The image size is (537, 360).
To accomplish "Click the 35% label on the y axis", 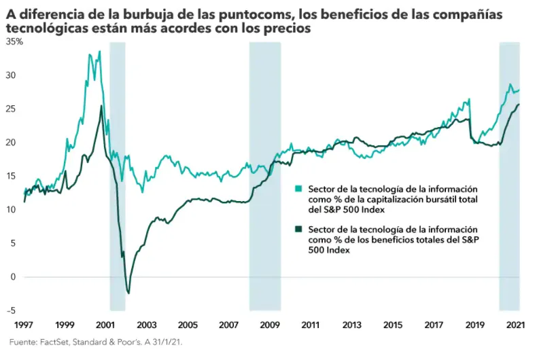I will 14,41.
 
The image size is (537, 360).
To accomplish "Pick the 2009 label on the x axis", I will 271,325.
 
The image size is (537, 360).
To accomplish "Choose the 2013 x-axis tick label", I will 353,325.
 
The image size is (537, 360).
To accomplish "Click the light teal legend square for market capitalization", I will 298,188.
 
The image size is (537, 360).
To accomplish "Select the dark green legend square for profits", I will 298,230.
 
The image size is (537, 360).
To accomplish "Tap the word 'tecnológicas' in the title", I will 44,29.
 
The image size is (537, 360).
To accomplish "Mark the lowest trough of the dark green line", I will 128,293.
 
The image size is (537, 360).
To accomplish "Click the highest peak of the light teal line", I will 99,52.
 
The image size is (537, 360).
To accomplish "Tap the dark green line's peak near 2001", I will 101,106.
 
